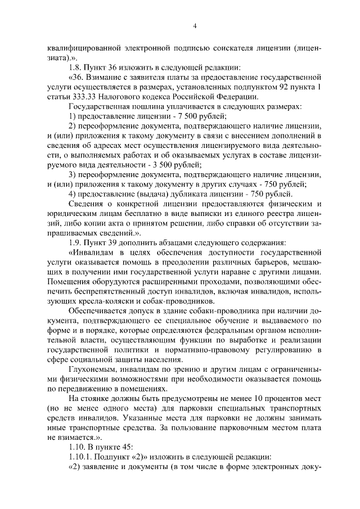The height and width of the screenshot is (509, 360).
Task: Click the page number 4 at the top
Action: pos(193,26)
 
